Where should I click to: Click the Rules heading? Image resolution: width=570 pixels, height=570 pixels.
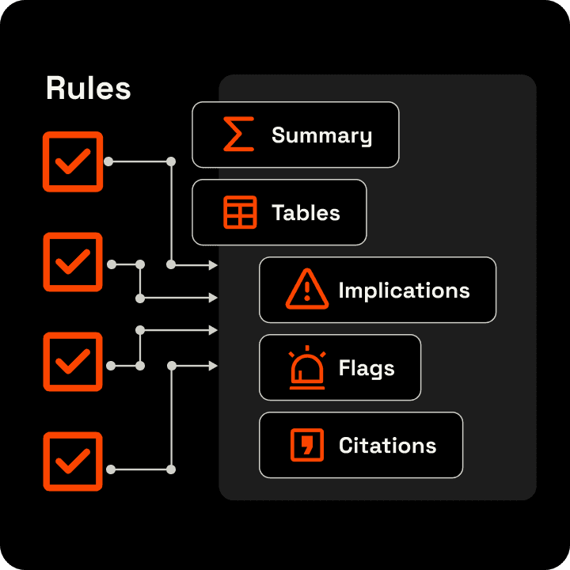(88, 88)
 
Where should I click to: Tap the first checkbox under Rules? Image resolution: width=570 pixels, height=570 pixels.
(73, 161)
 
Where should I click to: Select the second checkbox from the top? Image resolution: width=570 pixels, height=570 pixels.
(73, 262)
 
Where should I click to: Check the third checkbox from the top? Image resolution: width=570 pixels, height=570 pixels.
(73, 362)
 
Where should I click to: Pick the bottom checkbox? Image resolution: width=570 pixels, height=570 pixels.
(73, 462)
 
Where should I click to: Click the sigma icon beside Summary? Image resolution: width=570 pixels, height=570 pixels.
(238, 135)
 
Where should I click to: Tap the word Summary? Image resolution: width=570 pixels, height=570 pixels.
(321, 135)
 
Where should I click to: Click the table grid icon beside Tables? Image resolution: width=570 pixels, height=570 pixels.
(240, 212)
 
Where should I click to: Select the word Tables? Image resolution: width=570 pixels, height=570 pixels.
(306, 213)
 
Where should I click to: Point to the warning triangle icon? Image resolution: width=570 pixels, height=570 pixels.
(306, 289)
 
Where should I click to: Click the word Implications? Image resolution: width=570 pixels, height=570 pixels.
(404, 291)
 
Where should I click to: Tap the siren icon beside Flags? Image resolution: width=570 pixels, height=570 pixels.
(306, 368)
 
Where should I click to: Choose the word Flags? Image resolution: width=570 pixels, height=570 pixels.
(367, 368)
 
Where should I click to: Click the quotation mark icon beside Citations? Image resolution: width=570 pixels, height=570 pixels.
(307, 445)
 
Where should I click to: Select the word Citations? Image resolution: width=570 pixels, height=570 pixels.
(387, 446)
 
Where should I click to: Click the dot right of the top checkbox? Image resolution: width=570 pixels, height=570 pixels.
(108, 161)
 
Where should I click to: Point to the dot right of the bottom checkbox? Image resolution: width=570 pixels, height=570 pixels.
(111, 469)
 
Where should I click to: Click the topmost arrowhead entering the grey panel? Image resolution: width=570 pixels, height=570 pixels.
(213, 265)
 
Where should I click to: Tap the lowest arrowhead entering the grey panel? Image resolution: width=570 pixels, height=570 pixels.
(213, 366)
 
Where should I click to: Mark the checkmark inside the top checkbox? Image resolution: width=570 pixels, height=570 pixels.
(73, 162)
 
